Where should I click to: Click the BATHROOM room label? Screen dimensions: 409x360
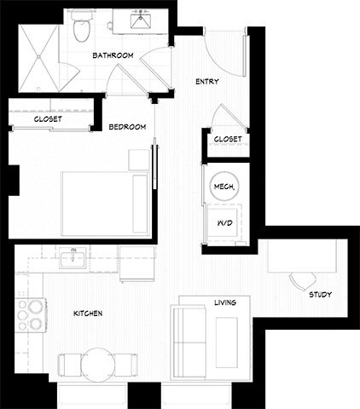pyautogui.click(x=113, y=55)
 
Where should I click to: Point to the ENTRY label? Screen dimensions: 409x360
pyautogui.click(x=206, y=82)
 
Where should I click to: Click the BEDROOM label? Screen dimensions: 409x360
pyautogui.click(x=127, y=127)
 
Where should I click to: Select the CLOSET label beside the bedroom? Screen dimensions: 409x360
pyautogui.click(x=48, y=119)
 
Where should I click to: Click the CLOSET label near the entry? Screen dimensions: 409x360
pyautogui.click(x=227, y=139)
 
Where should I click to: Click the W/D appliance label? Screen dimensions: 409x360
pyautogui.click(x=224, y=223)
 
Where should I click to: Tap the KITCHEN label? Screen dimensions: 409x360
pyautogui.click(x=88, y=314)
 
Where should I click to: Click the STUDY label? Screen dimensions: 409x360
pyautogui.click(x=321, y=295)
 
